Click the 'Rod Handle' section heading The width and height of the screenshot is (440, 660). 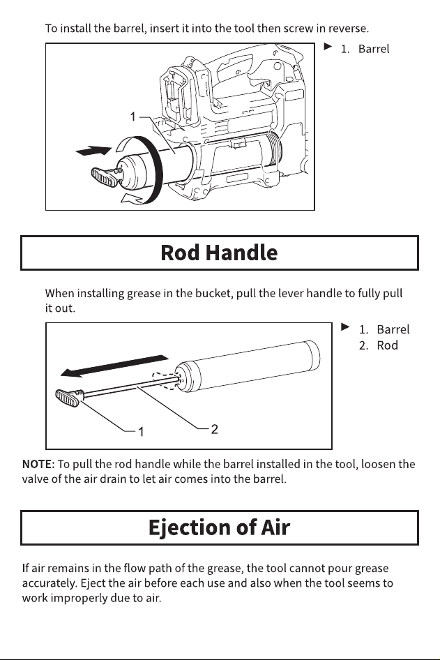click(x=219, y=253)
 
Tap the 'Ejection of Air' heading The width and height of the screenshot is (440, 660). click(x=219, y=527)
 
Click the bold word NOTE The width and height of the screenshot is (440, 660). click(x=38, y=464)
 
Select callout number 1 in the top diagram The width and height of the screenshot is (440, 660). click(x=133, y=117)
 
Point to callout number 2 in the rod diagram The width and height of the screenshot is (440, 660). click(x=214, y=429)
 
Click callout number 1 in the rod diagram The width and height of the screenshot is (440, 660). click(x=142, y=432)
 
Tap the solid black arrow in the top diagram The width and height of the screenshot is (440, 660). click(x=93, y=150)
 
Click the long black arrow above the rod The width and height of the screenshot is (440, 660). click(x=114, y=366)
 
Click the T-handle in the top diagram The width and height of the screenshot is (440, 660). click(x=105, y=177)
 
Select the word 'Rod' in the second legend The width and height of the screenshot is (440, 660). click(x=387, y=345)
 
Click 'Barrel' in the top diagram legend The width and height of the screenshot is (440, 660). click(x=374, y=49)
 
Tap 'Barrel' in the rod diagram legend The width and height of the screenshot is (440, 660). click(x=393, y=329)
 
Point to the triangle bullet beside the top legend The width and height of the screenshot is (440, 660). click(x=328, y=46)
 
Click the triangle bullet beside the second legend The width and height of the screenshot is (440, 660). click(x=345, y=327)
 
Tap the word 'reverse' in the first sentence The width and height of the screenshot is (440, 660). click(x=347, y=29)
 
